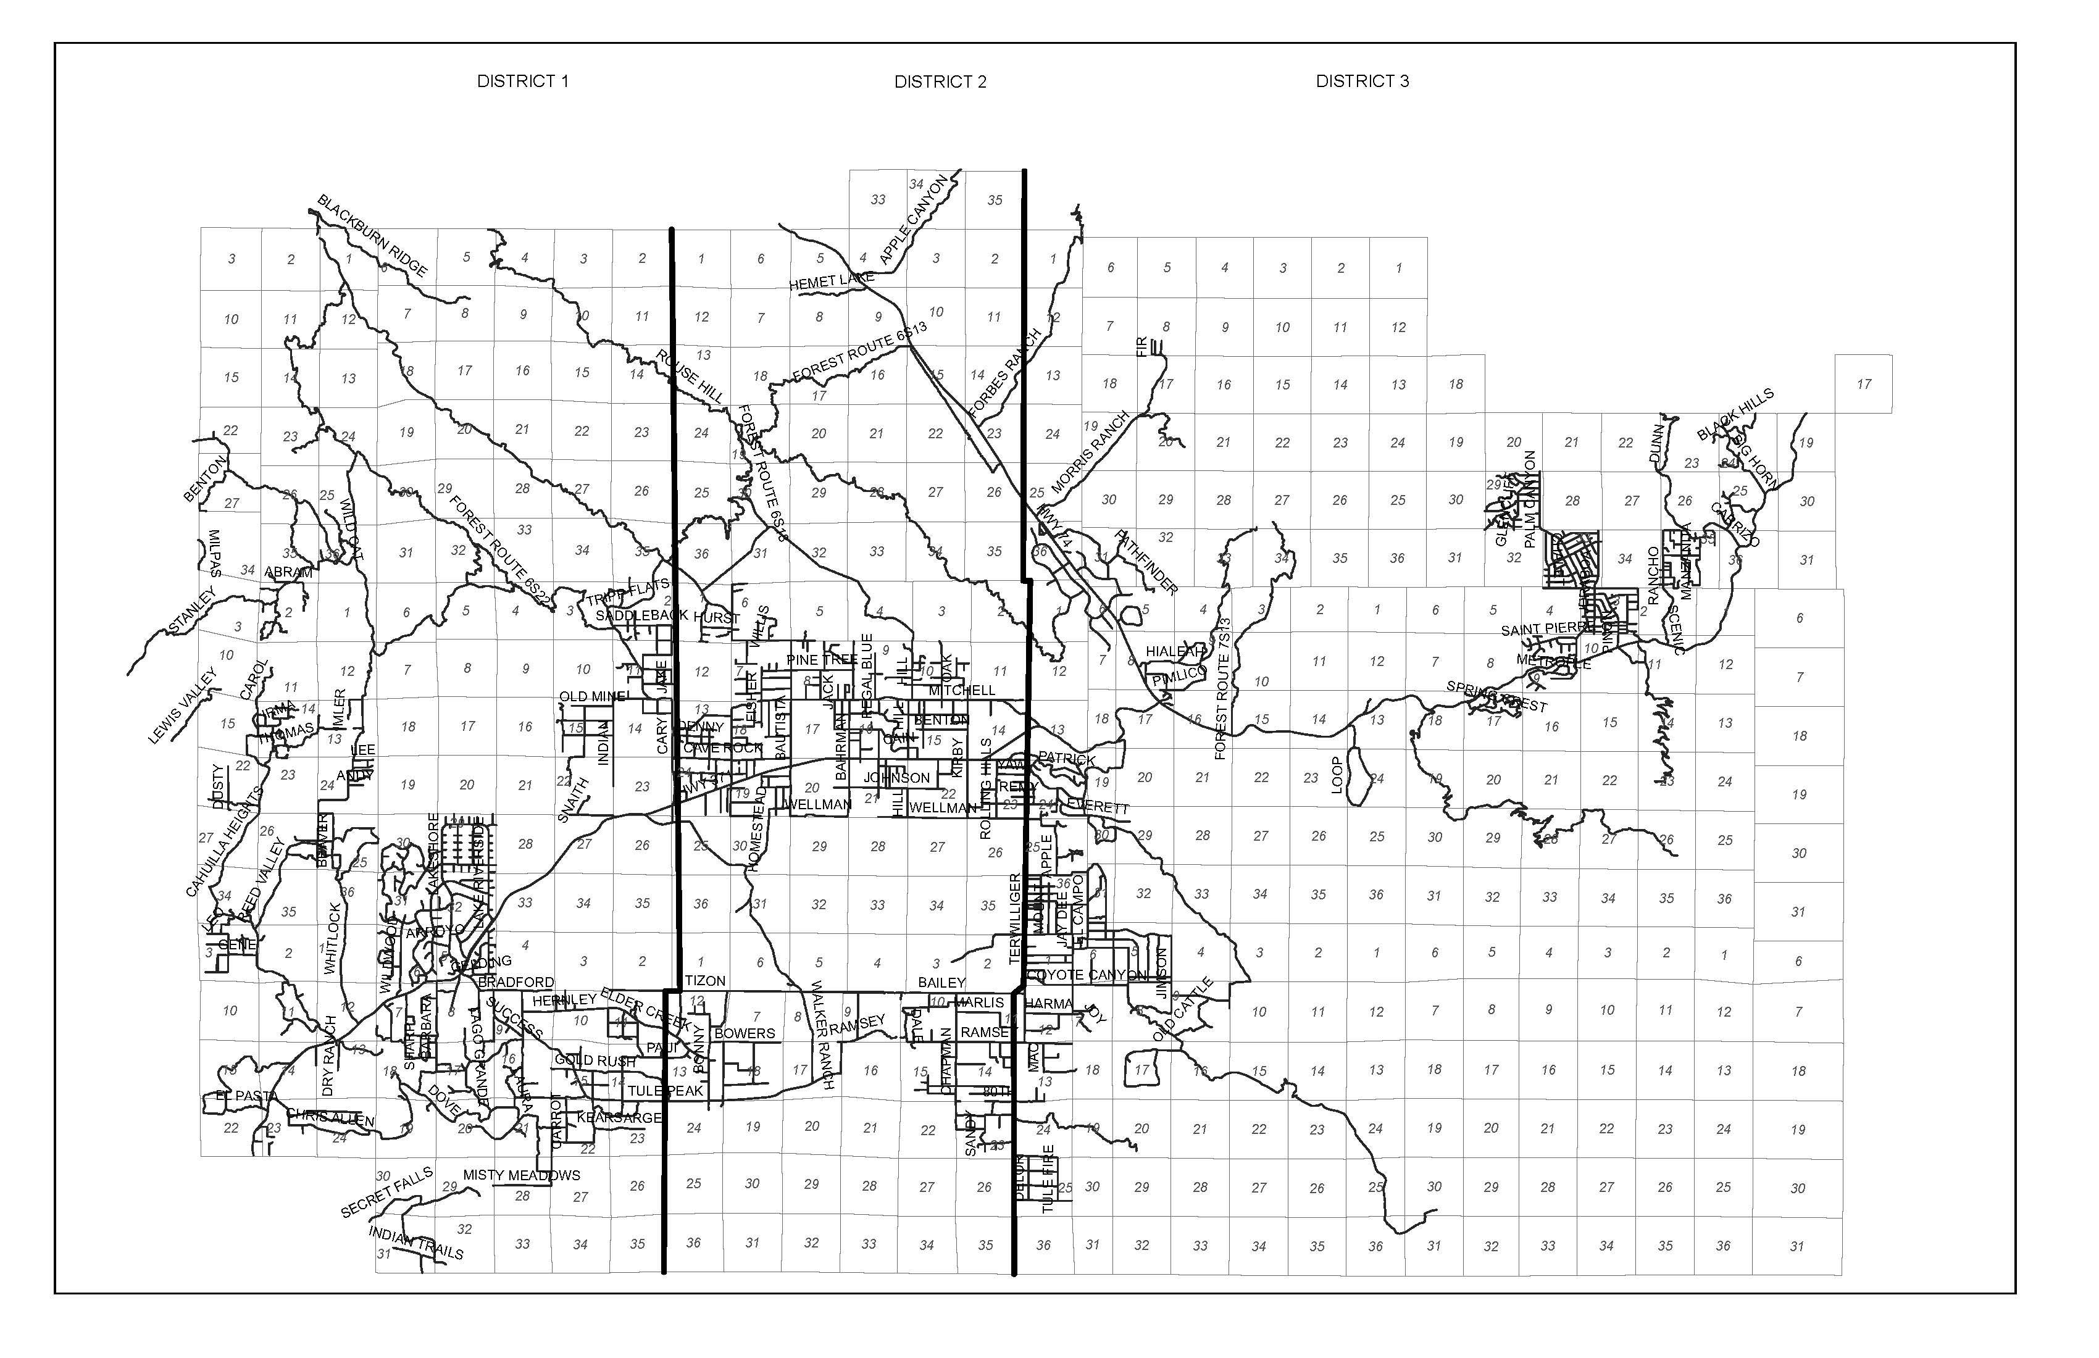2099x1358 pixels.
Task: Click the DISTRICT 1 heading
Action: point(522,81)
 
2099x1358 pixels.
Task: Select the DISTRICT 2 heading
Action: point(940,82)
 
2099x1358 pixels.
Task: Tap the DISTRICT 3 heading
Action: point(1362,81)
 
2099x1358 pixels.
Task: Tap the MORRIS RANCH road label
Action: point(1090,451)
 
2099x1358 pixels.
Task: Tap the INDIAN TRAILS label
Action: point(415,1243)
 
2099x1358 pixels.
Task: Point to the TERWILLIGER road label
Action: point(1014,918)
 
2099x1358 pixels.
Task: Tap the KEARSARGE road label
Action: point(618,1117)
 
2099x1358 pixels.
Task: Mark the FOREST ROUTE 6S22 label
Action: point(500,551)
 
